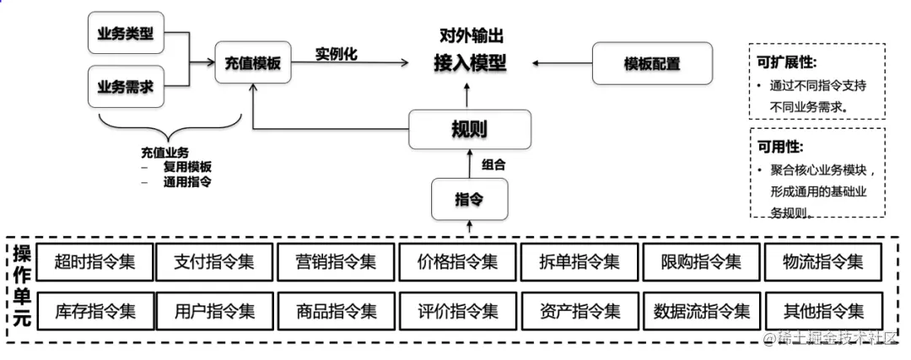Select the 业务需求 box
(126, 87)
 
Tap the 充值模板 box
(252, 62)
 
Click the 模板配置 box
(652, 63)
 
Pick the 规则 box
(469, 130)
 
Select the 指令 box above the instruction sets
(469, 199)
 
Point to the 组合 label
(493, 164)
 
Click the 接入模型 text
(470, 62)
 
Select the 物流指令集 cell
(823, 261)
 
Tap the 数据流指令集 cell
(702, 311)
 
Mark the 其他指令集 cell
(823, 311)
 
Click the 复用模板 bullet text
(187, 167)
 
